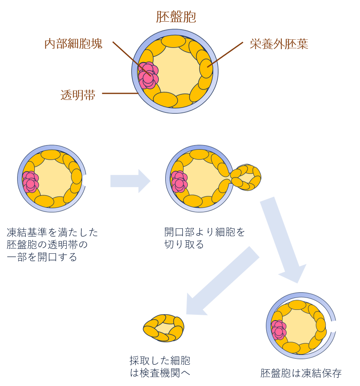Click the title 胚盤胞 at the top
click(x=176, y=17)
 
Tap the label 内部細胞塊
click(x=73, y=44)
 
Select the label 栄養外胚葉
click(x=279, y=44)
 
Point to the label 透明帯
click(x=78, y=95)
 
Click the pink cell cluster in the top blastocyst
click(x=148, y=75)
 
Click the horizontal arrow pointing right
click(x=130, y=181)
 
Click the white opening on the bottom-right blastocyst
click(x=333, y=326)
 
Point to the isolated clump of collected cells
click(x=164, y=328)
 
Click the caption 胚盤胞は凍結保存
click(x=301, y=373)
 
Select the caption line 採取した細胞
click(x=160, y=361)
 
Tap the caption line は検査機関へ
click(x=160, y=373)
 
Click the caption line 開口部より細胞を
click(x=205, y=233)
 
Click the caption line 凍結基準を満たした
click(x=52, y=233)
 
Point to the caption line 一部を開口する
click(x=42, y=257)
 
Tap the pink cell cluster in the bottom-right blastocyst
click(x=279, y=330)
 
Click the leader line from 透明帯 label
click(x=119, y=93)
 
